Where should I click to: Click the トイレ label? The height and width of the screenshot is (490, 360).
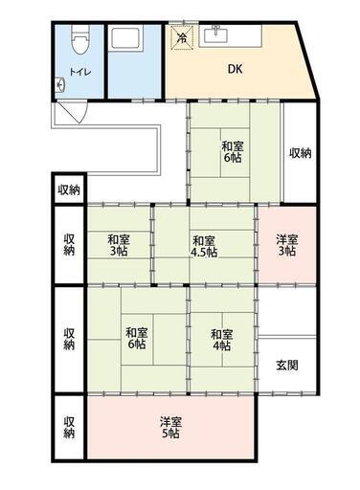(x=80, y=72)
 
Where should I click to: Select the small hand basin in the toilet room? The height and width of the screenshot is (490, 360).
(x=60, y=85)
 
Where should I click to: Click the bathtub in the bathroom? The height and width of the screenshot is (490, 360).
(x=125, y=38)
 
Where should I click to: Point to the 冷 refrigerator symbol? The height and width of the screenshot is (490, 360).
(x=182, y=38)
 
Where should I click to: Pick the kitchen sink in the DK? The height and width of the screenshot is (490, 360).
(x=217, y=34)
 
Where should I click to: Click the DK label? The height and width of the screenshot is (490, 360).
(x=236, y=69)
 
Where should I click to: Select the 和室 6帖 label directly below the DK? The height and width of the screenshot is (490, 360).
(x=233, y=152)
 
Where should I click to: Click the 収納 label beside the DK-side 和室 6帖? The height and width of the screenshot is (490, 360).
(x=300, y=153)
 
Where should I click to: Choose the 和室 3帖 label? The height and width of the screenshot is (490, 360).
(x=119, y=245)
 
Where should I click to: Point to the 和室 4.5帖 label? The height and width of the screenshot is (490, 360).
(x=204, y=246)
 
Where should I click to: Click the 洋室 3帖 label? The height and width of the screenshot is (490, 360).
(x=287, y=245)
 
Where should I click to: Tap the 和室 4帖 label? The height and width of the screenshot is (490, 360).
(x=221, y=340)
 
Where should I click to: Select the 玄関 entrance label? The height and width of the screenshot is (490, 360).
(x=287, y=366)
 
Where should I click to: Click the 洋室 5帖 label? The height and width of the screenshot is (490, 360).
(x=170, y=428)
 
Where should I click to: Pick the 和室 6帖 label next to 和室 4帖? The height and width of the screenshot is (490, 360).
(x=137, y=338)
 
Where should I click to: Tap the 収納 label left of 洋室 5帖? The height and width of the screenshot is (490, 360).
(x=69, y=427)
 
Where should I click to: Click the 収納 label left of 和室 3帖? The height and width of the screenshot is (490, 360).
(x=69, y=245)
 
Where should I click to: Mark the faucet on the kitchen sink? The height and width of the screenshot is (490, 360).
(x=216, y=30)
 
